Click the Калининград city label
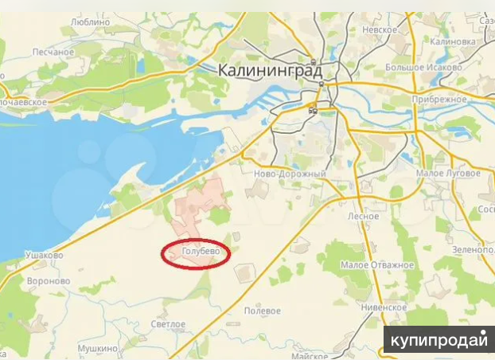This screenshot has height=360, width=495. point(270,71)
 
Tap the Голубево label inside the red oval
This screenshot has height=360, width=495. point(196,254)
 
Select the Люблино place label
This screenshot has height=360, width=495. point(90,22)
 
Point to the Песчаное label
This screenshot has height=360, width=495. point(53,52)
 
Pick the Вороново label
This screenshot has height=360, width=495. point(49,281)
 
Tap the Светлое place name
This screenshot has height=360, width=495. point(169,324)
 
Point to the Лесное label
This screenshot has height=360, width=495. point(362,216)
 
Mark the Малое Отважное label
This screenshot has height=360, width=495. point(376,264)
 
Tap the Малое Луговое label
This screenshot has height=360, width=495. point(448,173)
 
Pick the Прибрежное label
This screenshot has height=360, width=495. point(438,99)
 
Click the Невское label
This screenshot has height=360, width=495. point(380,29)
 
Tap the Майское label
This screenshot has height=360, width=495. point(310,356)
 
